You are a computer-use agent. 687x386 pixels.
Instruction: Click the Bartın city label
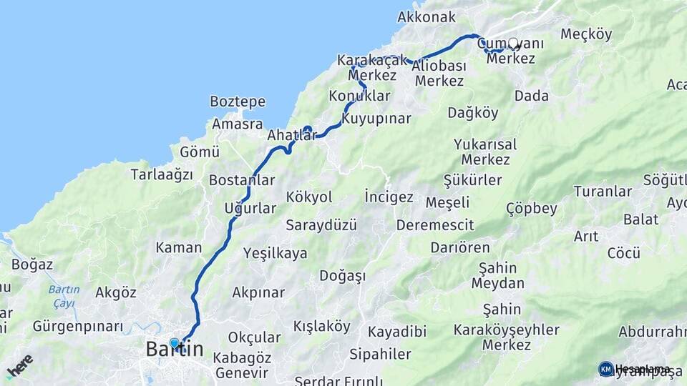point(174,350)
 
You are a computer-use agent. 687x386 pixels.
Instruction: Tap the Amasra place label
point(237,124)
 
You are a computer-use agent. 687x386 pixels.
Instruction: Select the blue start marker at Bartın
point(174,343)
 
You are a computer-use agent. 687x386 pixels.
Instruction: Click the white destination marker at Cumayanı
point(513,43)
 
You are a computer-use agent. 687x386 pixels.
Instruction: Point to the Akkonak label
point(427,16)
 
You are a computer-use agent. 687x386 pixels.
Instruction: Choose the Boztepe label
point(238,102)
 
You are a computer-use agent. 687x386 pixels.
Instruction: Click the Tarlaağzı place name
point(162,174)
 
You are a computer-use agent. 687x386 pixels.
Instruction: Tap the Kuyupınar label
point(376,118)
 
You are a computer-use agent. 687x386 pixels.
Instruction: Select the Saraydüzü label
point(321,224)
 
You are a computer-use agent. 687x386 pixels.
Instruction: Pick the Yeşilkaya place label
point(275,253)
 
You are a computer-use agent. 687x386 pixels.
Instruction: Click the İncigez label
point(389,197)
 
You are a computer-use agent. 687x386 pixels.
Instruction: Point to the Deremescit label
point(435,225)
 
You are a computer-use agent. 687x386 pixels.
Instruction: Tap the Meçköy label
point(587,34)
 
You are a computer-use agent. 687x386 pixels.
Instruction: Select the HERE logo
point(19,367)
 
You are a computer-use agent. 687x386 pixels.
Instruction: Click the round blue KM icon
point(606,369)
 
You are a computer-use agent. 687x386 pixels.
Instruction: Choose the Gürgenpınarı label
point(78,327)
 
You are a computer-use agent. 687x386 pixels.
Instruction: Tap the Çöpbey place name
point(531,209)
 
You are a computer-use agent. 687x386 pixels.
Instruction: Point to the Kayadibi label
point(397,332)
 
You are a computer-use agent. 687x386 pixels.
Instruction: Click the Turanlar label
point(603,191)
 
